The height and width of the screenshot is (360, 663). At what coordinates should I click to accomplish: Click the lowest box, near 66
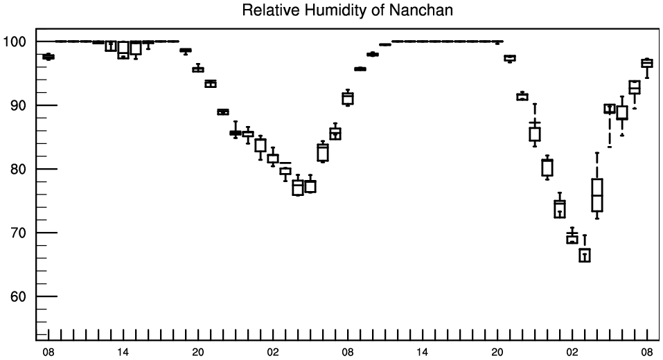585,255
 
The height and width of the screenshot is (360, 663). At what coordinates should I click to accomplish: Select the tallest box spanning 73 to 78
597,195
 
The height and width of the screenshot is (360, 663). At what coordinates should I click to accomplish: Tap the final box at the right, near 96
647,63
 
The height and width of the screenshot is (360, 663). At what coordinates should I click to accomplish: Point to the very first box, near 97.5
48,57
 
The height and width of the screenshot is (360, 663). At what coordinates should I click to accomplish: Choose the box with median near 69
572,238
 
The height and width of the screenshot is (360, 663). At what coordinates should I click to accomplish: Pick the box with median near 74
560,208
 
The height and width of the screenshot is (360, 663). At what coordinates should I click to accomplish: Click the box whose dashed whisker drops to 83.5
610,108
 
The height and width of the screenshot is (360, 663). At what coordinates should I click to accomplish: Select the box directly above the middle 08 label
348,98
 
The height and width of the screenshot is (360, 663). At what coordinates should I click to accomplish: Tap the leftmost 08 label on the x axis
48,351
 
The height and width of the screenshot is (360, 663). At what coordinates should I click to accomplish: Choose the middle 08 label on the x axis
348,351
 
